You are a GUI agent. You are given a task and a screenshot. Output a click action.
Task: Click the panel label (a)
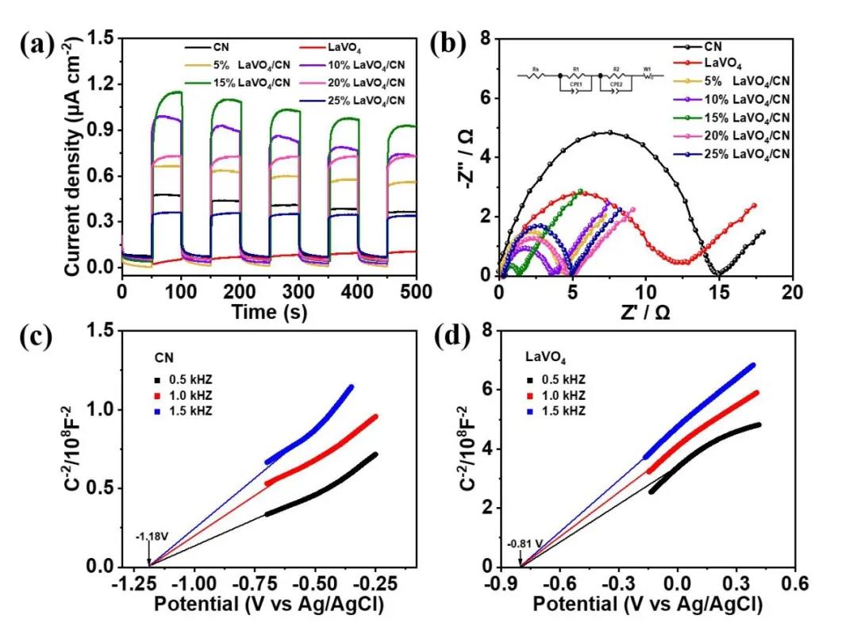coord(37,46)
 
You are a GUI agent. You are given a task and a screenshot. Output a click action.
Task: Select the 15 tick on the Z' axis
coord(719,292)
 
